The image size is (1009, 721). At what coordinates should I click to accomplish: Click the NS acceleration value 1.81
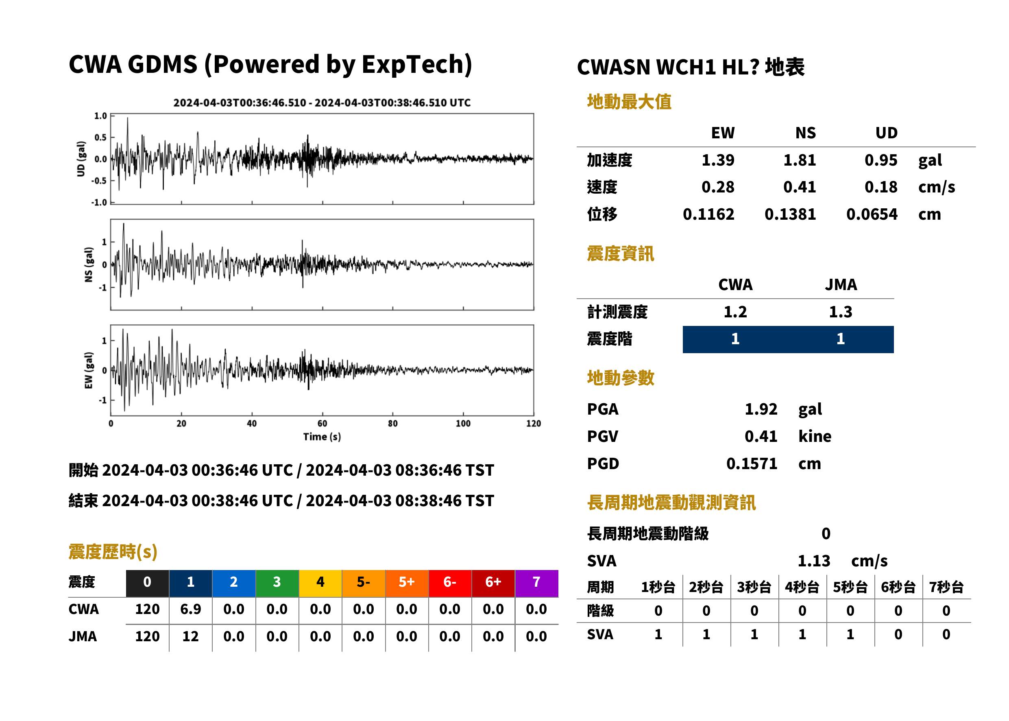[x=799, y=160]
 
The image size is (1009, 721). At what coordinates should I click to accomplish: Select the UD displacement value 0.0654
[x=872, y=214]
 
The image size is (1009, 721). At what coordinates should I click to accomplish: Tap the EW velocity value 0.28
[x=717, y=187]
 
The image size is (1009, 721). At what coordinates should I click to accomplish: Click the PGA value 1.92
[x=761, y=409]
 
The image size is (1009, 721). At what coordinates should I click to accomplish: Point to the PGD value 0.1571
[x=752, y=463]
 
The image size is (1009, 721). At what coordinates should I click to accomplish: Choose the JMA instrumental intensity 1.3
[x=840, y=312]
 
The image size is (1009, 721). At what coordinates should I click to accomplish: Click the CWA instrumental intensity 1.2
[x=735, y=312]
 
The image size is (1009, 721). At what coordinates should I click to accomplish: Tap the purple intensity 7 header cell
[x=536, y=583]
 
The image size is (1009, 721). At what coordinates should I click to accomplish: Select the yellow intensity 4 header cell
[x=320, y=583]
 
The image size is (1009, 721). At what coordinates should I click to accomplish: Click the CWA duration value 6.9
[x=190, y=609]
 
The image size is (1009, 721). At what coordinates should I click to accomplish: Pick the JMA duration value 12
[x=190, y=637]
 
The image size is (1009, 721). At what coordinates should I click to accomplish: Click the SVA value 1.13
[x=814, y=561]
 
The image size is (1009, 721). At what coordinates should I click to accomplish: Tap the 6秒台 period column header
[x=898, y=588]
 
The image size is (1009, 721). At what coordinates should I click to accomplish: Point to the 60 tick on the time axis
[x=322, y=424]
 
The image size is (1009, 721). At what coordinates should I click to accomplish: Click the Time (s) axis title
[x=322, y=437]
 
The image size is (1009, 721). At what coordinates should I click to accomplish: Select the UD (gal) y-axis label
[x=81, y=159]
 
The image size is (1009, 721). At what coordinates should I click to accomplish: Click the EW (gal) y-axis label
[x=89, y=370]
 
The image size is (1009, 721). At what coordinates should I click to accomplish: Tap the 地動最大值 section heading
[x=629, y=102]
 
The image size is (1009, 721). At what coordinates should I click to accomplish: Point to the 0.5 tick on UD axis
[x=101, y=138]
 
